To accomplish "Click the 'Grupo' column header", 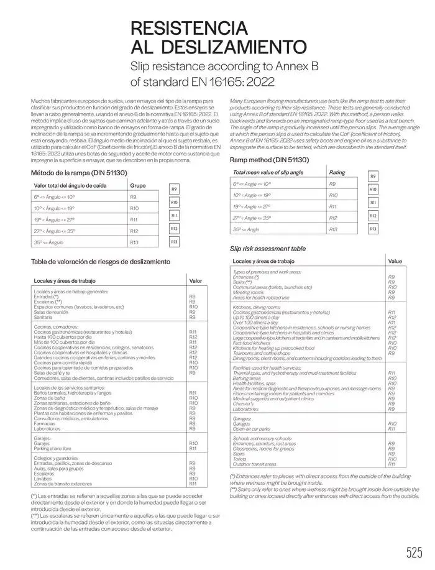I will click(x=137, y=185).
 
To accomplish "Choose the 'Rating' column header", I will click(x=337, y=172).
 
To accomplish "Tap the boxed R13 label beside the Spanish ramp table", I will click(x=174, y=242).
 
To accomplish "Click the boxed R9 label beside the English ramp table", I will click(x=373, y=177).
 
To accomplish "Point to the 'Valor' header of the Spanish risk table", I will click(x=195, y=281).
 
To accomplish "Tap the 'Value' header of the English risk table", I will click(x=395, y=262).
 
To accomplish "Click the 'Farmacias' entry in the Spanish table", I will click(x=45, y=424).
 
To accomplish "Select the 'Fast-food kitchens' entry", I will click(x=251, y=342).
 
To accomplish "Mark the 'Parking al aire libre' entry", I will click(x=53, y=448).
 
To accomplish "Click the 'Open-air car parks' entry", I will click(x=252, y=429).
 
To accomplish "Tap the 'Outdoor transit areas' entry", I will click(x=255, y=464).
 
